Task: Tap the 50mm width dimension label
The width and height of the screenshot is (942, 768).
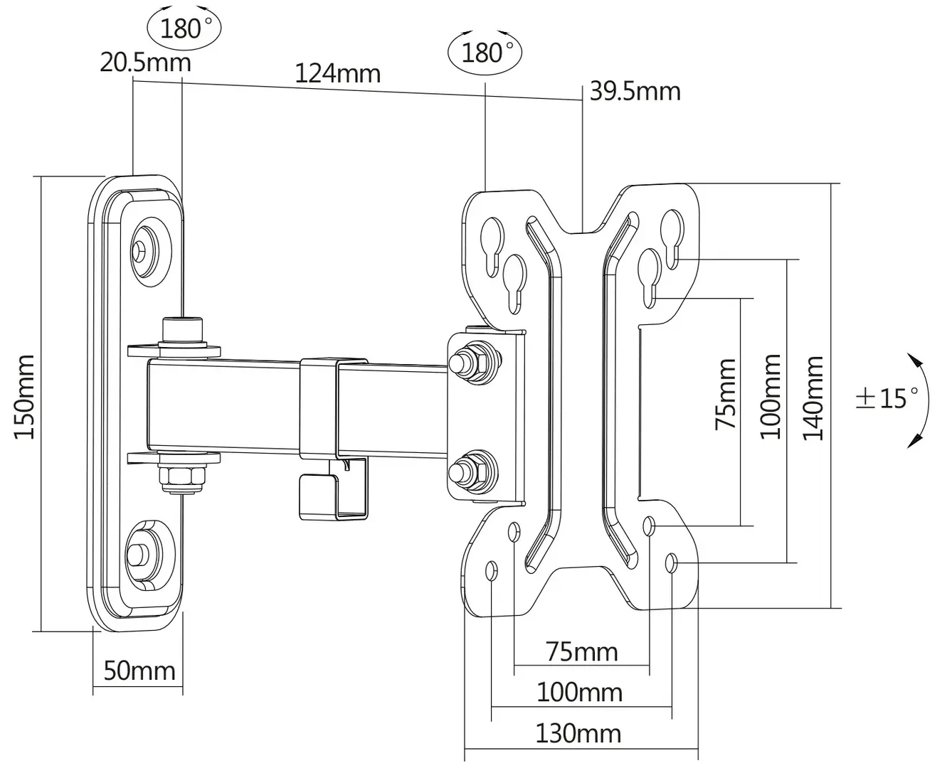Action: point(139,670)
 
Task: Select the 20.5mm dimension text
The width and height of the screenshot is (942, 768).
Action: point(145,63)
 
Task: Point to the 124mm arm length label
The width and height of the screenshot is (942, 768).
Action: point(337,73)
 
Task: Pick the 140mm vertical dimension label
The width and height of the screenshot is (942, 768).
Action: point(815,398)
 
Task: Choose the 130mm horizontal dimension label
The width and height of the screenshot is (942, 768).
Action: point(578,733)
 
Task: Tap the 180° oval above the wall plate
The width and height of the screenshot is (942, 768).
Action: point(184,29)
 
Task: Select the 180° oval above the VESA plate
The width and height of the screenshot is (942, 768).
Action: point(485,52)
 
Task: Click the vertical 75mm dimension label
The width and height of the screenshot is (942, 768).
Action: point(726,394)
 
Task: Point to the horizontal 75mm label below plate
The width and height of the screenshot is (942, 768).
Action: point(582,651)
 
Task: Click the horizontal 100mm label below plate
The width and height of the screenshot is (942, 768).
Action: point(579,692)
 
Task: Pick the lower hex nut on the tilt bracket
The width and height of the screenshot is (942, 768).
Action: point(475,471)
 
